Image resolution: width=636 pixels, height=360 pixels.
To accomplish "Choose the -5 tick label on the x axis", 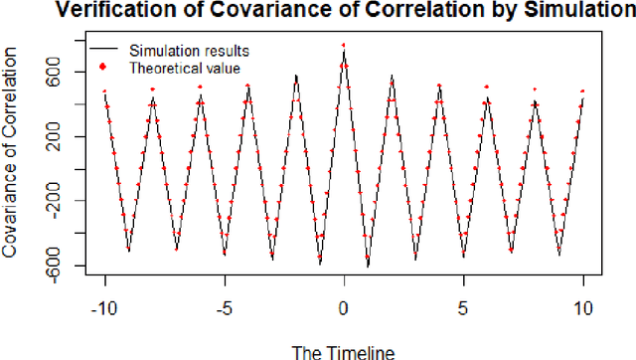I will pos(224,309).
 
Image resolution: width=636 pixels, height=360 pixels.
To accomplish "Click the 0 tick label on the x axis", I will pos(344,309).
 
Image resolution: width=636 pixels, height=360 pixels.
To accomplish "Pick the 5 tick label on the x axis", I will pos(463,309).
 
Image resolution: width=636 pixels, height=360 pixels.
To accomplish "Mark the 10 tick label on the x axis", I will pos(582,309).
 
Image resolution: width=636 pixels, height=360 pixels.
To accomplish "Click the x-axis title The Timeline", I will pos(343,350).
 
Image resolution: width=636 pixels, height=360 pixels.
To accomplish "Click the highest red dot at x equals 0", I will pos(344,45).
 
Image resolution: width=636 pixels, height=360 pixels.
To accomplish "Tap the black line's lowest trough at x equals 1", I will pos(368,267).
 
